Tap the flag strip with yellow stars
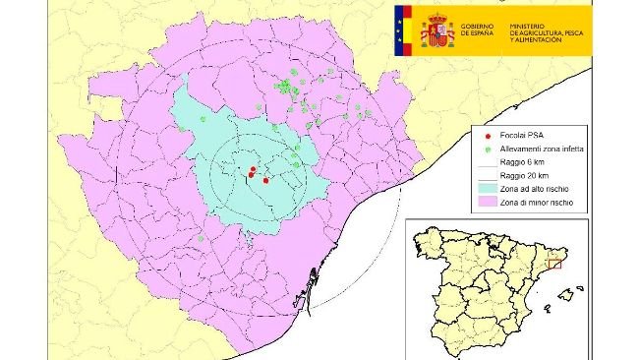(400, 30)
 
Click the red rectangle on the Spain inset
(553, 262)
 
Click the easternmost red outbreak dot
(266, 180)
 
